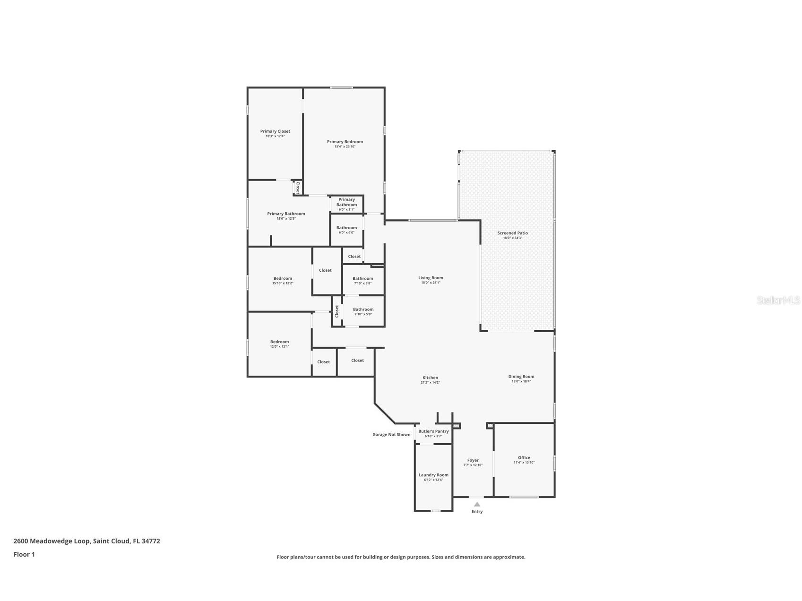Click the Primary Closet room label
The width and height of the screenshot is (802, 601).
tap(275, 131)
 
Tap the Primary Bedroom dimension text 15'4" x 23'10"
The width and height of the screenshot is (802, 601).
tap(345, 146)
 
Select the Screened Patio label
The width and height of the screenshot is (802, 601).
tap(512, 233)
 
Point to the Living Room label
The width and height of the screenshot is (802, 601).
tap(431, 278)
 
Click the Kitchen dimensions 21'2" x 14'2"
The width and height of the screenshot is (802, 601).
tap(430, 383)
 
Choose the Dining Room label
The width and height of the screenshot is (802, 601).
tap(521, 377)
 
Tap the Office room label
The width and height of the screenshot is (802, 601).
tap(524, 457)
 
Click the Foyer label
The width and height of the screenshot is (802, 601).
tap(473, 460)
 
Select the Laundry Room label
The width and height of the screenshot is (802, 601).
tap(433, 475)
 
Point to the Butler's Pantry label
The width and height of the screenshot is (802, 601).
tap(433, 431)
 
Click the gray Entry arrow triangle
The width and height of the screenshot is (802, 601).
tap(477, 504)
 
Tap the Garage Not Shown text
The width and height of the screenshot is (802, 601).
tap(391, 435)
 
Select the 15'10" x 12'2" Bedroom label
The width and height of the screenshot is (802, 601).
tap(283, 278)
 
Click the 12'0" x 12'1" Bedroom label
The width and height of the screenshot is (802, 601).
tap(279, 342)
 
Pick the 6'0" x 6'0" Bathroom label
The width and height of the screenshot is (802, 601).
tap(346, 228)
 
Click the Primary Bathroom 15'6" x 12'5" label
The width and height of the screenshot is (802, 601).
tap(286, 214)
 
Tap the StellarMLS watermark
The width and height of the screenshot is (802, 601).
tap(778, 300)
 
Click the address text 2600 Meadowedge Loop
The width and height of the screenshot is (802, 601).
tap(52, 541)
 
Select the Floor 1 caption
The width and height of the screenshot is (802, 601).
tap(24, 554)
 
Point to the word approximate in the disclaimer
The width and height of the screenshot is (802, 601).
tap(509, 557)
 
